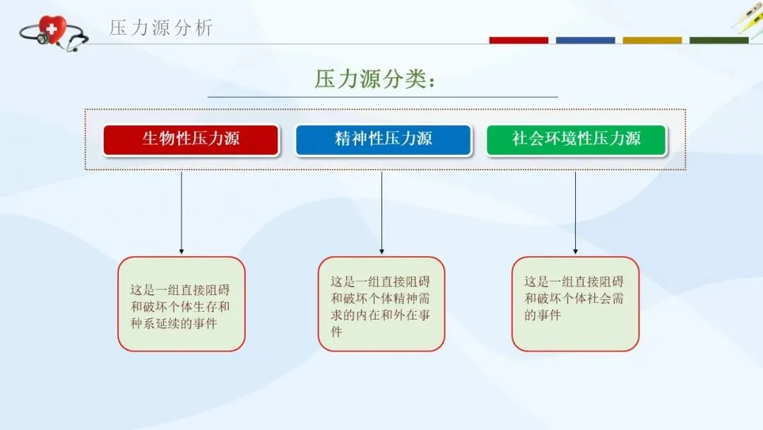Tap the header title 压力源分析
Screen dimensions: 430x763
tap(160, 28)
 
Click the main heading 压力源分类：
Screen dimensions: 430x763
tap(375, 79)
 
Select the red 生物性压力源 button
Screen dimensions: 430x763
tap(191, 139)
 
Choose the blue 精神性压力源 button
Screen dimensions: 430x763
tap(383, 139)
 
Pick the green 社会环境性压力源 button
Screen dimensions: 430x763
tap(576, 139)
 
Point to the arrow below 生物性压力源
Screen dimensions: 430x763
tap(182, 212)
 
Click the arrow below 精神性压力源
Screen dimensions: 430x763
tap(382, 212)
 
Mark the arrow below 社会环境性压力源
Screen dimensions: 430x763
tap(575, 212)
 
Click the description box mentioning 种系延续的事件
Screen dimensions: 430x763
tap(181, 304)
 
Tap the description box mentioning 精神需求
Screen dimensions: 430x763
tap(381, 304)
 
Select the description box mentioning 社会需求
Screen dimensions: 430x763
tap(575, 304)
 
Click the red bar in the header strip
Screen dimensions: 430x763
tap(519, 40)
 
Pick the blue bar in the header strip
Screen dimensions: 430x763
tap(585, 40)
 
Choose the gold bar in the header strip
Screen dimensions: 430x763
tap(652, 40)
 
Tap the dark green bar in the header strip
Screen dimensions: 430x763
tap(718, 40)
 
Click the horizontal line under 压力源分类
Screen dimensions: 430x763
tap(382, 97)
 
